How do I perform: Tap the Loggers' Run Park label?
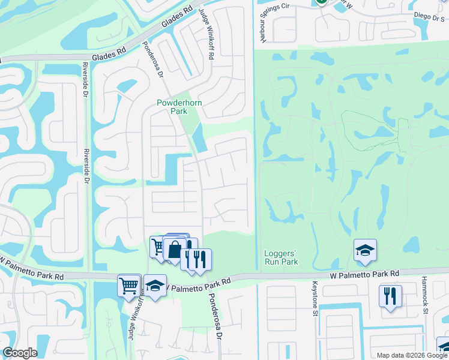[x=281, y=257]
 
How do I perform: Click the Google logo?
[x=20, y=353]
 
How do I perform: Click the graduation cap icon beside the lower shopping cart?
[x=155, y=286]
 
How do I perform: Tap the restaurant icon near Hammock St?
[x=390, y=295]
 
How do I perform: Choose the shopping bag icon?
[x=174, y=249]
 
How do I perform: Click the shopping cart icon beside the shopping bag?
[x=158, y=246]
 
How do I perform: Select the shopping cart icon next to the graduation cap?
[x=130, y=285]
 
